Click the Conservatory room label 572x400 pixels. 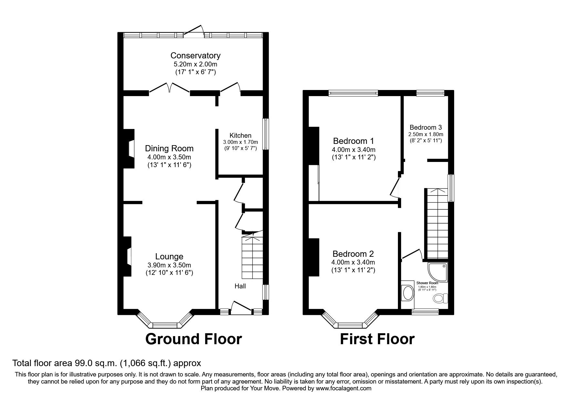195,55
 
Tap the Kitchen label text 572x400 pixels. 240,135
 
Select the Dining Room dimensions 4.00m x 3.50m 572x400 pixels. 169,157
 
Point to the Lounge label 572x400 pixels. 169,256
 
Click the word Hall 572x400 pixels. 240,286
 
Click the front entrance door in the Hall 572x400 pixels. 241,307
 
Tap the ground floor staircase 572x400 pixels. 252,258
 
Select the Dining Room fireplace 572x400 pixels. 129,148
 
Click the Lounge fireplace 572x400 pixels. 127,256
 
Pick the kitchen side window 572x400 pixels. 265,134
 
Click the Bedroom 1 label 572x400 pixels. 353,141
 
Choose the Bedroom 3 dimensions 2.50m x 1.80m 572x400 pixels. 426,134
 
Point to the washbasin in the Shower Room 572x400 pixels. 408,294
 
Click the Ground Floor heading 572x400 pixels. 193,339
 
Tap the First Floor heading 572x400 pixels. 377,339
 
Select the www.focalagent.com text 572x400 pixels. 344,388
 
